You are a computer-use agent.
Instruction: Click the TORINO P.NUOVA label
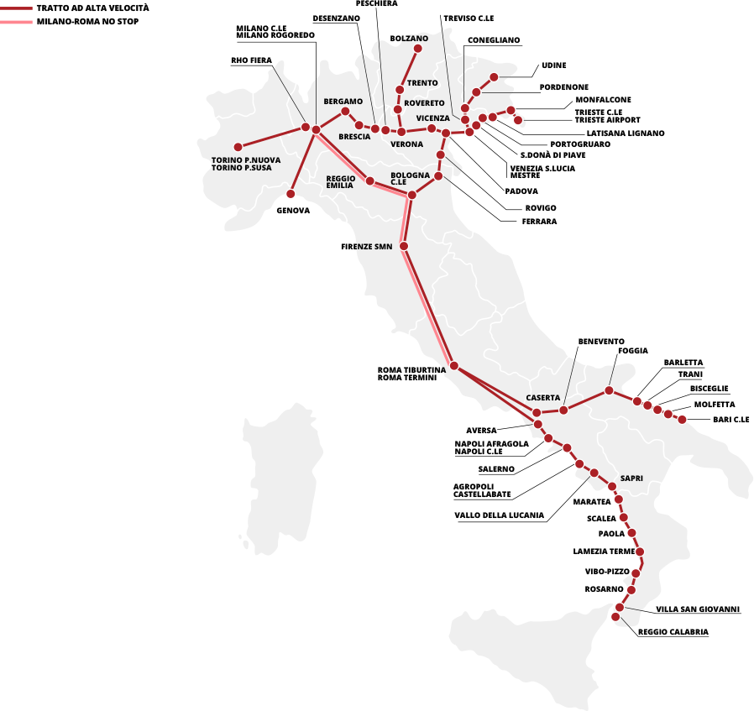pyautogui.click(x=246, y=159)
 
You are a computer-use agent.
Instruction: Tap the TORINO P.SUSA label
pyautogui.click(x=242, y=168)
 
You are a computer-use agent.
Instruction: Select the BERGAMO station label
pyautogui.click(x=343, y=102)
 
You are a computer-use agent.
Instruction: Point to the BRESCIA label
pyautogui.click(x=354, y=137)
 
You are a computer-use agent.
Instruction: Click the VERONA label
pyautogui.click(x=407, y=144)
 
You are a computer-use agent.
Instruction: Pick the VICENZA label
pyautogui.click(x=432, y=118)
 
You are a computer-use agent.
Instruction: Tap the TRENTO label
pyautogui.click(x=422, y=83)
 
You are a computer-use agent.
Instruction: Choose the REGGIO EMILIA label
pyautogui.click(x=341, y=181)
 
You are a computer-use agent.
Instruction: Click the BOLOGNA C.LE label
pyautogui.click(x=410, y=178)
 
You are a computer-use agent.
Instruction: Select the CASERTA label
pyautogui.click(x=543, y=397)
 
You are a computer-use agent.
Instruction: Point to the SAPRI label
pyautogui.click(x=631, y=478)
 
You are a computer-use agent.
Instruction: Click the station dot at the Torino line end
pyautogui.click(x=238, y=147)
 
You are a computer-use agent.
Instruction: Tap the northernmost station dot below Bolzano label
pyautogui.click(x=417, y=48)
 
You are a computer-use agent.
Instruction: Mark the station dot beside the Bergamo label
pyautogui.click(x=345, y=111)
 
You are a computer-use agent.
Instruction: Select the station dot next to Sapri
pyautogui.click(x=612, y=487)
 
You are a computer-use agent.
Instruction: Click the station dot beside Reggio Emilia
pyautogui.click(x=369, y=180)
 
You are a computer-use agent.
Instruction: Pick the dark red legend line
pyautogui.click(x=16, y=8)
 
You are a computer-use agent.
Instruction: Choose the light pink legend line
pyautogui.click(x=16, y=22)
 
